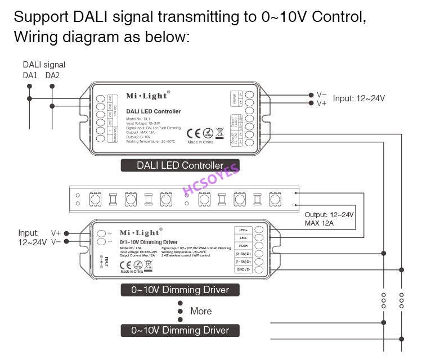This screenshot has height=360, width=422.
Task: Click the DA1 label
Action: pyautogui.click(x=30, y=75)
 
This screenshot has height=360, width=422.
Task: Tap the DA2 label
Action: pyautogui.click(x=52, y=75)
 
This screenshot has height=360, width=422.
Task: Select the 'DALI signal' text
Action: pyautogui.click(x=44, y=65)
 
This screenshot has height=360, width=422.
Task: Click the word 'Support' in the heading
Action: pyautogui.click(x=41, y=17)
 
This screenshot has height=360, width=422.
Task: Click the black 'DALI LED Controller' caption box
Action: pyautogui.click(x=180, y=165)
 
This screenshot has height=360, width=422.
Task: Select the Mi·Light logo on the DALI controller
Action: pyautogui.click(x=147, y=96)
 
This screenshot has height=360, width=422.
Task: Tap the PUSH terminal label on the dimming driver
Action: pyautogui.click(x=243, y=246)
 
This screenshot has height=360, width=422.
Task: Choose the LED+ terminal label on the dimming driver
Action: pyautogui.click(x=243, y=230)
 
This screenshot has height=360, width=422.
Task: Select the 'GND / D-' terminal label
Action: pyautogui.click(x=243, y=269)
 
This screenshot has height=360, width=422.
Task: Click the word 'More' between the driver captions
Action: pyautogui.click(x=201, y=311)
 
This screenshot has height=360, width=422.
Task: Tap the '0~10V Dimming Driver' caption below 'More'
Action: pyautogui.click(x=180, y=330)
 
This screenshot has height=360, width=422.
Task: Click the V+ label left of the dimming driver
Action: pyautogui.click(x=56, y=232)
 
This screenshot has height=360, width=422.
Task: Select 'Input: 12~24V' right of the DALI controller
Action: pyautogui.click(x=359, y=98)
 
